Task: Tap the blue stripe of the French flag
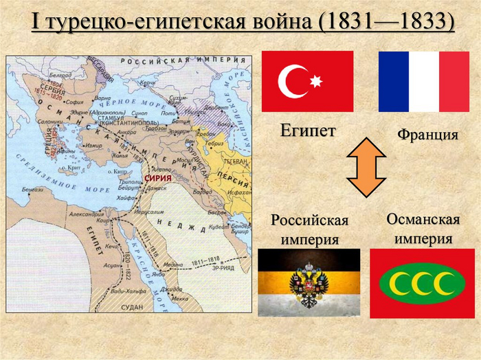point(394,81)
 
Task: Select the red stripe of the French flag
point(454,81)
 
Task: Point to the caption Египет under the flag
point(307,130)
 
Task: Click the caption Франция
point(427,135)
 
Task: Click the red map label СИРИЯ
point(154,178)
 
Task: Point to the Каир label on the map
point(106,221)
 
